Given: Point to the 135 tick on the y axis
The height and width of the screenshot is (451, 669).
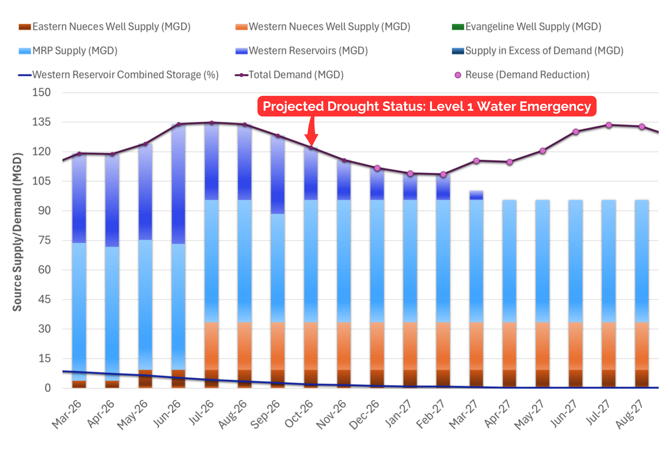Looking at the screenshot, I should point(41,122).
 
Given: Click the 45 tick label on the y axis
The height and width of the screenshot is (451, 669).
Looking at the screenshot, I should point(44,299).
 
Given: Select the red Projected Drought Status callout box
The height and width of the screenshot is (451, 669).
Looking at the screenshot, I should point(427,106).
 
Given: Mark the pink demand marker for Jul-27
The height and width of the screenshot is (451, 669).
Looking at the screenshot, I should point(609,125).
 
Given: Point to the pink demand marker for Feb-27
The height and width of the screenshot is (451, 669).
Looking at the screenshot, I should point(443,175).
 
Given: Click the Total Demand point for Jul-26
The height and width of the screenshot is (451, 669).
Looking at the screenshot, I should point(212,123).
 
